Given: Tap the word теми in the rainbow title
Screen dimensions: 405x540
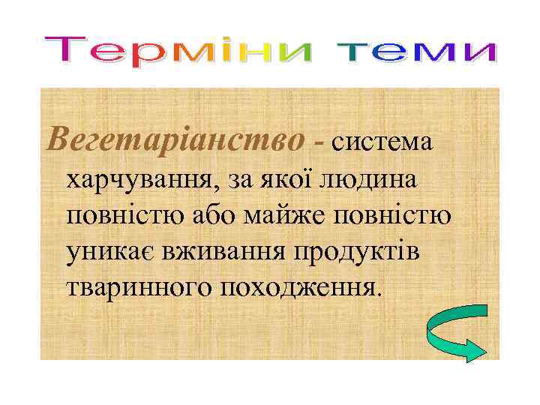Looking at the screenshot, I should (417, 51).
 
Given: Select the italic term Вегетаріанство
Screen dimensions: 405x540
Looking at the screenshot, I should (176, 138).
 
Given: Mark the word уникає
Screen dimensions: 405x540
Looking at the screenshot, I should (112, 252).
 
